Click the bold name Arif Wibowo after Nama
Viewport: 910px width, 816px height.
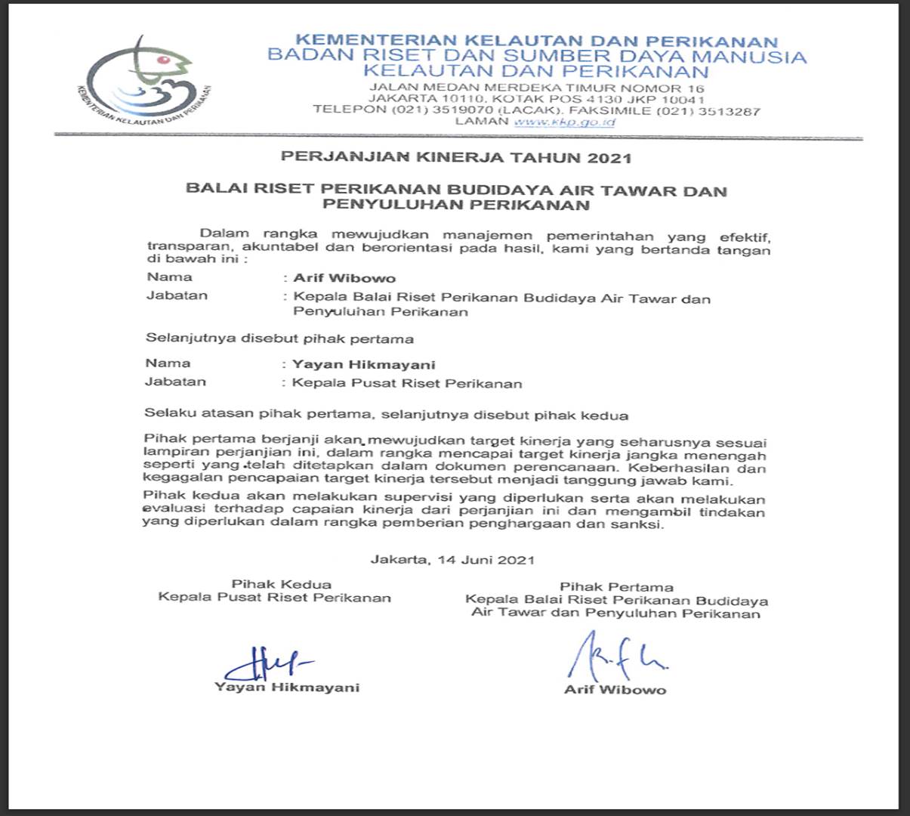(344, 278)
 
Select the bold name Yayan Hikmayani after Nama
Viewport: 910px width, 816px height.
(364, 364)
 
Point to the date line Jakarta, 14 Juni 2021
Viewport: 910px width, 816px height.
(452, 560)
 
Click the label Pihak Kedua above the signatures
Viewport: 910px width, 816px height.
(281, 584)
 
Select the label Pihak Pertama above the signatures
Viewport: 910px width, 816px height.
(616, 587)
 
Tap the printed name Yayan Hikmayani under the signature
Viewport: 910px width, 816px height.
(287, 688)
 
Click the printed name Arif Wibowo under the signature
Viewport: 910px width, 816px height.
(615, 689)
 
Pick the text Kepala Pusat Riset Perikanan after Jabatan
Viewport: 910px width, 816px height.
(407, 383)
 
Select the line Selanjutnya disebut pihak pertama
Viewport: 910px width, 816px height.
(279, 338)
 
